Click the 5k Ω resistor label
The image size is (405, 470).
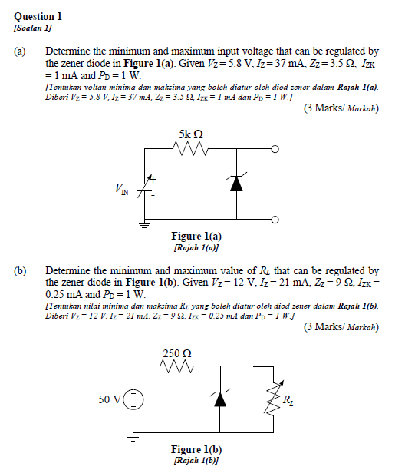(x=191, y=134)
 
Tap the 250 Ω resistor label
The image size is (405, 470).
(x=177, y=353)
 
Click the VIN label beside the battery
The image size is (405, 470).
(x=122, y=187)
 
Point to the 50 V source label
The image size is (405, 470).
(x=110, y=399)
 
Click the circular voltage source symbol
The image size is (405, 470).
(x=135, y=399)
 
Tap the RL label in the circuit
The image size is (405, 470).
(x=287, y=400)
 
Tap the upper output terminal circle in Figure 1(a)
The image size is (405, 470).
(x=275, y=149)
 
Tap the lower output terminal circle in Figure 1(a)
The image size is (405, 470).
(x=275, y=220)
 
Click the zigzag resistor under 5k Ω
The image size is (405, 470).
(x=190, y=149)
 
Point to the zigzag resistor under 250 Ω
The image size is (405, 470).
(x=177, y=368)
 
